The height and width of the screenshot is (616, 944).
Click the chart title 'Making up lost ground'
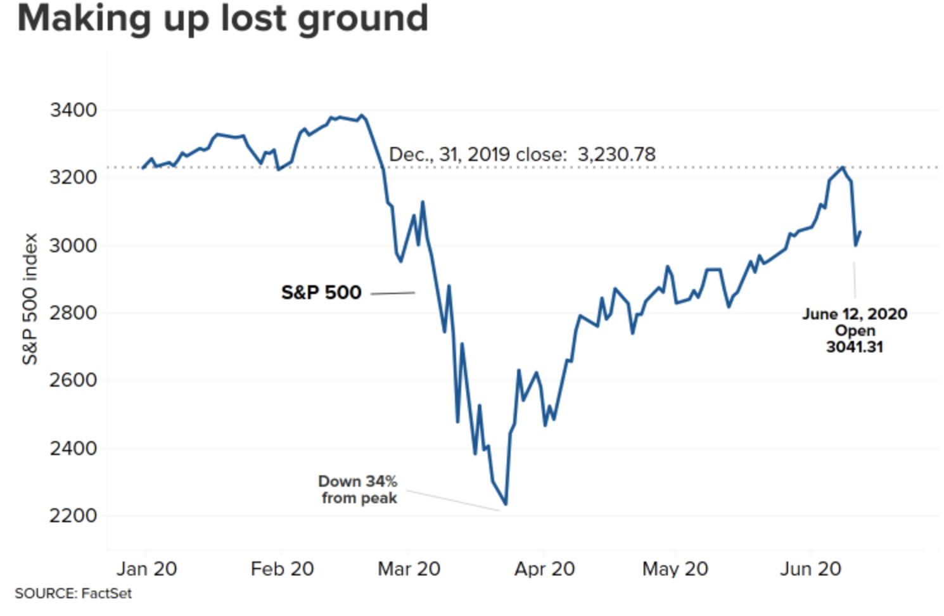click(x=222, y=18)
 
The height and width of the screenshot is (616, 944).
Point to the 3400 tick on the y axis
click(x=73, y=110)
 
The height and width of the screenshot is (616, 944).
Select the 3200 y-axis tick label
click(x=73, y=177)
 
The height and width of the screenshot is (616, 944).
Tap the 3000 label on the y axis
click(x=73, y=245)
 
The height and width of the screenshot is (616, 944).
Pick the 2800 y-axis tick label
click(x=73, y=312)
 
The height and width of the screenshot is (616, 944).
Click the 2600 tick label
click(x=73, y=380)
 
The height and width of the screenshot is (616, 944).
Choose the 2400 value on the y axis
click(x=73, y=448)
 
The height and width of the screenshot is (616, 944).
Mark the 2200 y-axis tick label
click(x=73, y=515)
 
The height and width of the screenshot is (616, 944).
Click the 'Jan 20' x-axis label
click(x=146, y=569)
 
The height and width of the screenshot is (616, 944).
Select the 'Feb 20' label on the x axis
click(x=282, y=569)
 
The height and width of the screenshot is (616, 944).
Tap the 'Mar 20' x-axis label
click(x=409, y=569)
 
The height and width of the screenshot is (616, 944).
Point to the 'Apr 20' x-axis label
click(x=544, y=569)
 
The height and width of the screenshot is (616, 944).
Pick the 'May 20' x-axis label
click(x=675, y=569)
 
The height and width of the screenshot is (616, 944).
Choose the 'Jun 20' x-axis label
click(x=810, y=569)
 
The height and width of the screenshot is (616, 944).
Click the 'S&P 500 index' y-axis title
click(x=30, y=299)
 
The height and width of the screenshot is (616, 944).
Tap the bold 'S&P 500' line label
click(x=321, y=293)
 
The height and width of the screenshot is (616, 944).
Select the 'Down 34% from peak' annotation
click(x=359, y=490)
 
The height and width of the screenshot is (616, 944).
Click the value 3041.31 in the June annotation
click(x=854, y=347)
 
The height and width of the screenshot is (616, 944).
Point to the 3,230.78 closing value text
click(x=616, y=154)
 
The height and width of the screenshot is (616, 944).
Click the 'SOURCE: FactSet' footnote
click(x=73, y=594)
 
